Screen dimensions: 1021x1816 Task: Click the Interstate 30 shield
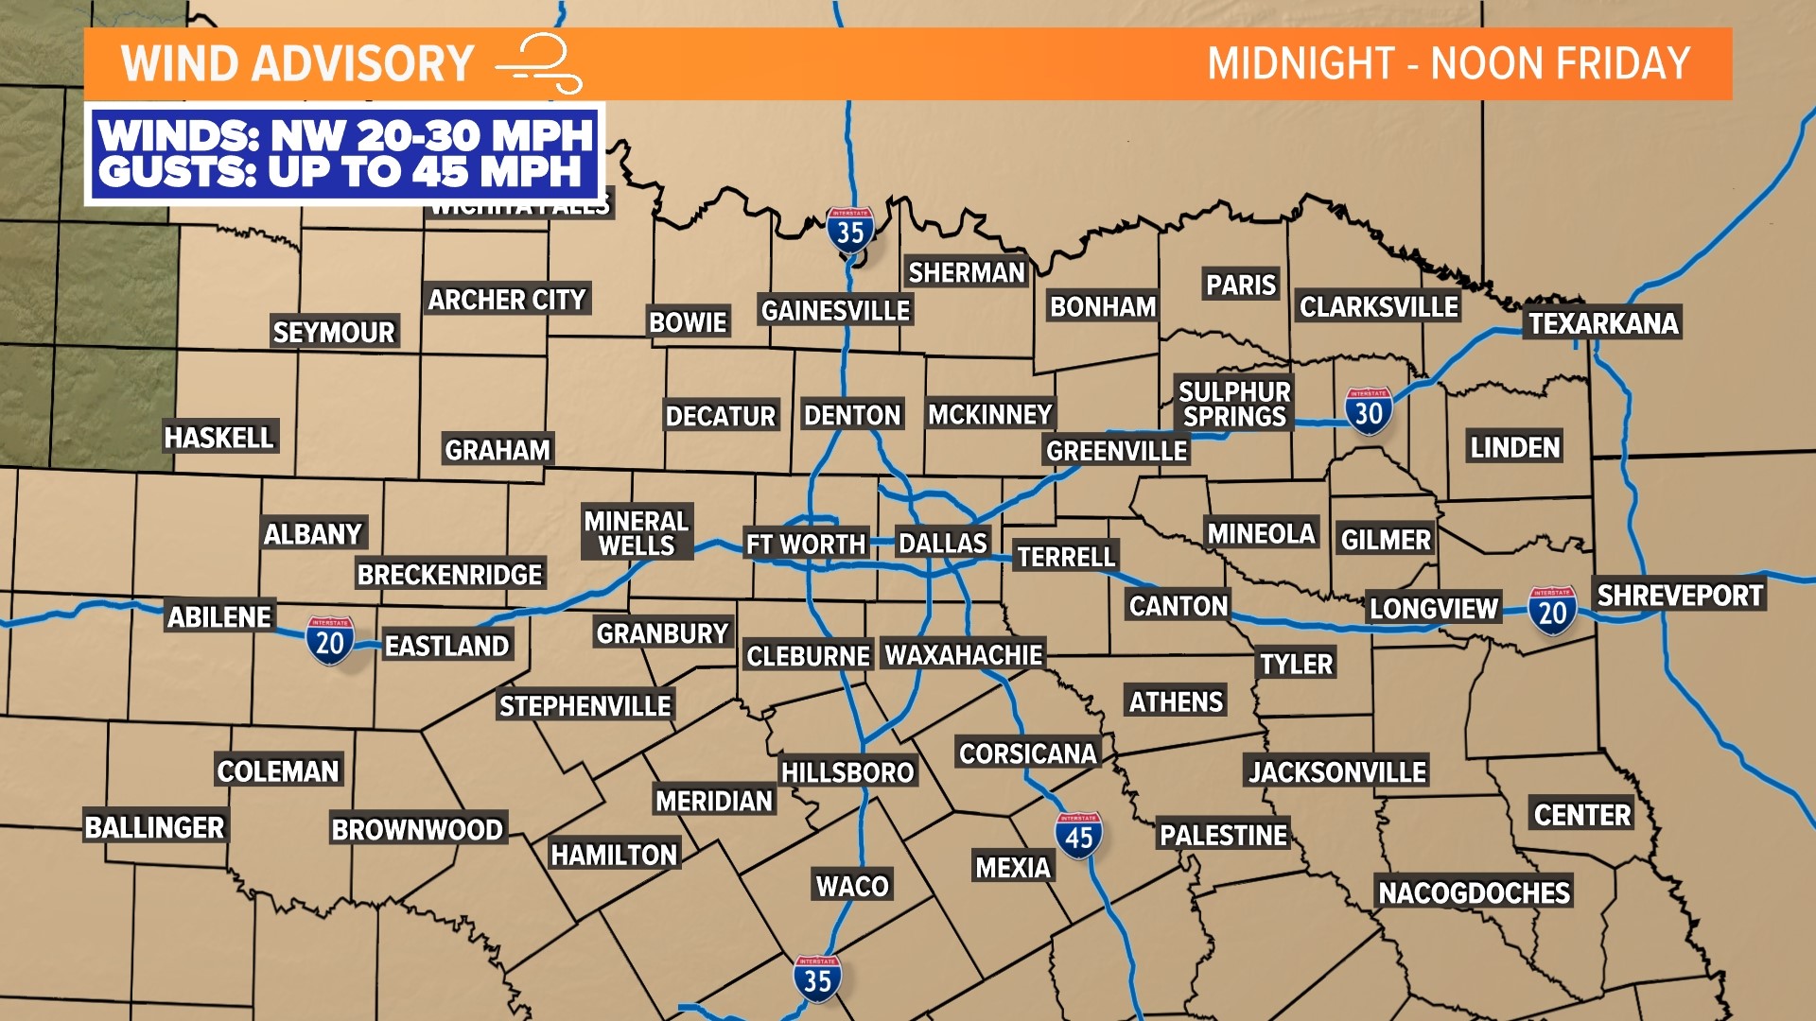click(x=1369, y=411)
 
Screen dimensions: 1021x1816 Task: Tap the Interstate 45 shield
click(x=1078, y=836)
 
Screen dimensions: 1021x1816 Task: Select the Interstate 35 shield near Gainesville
click(x=849, y=231)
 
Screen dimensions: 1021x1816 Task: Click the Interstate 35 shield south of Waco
click(x=817, y=979)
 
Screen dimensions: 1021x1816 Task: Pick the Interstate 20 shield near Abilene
click(x=329, y=642)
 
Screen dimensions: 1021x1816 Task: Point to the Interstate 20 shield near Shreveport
click(x=1552, y=611)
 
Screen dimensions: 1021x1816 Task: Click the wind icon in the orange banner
click(x=540, y=64)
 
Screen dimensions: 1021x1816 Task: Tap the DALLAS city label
click(x=942, y=544)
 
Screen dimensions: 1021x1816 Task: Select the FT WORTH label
click(x=806, y=545)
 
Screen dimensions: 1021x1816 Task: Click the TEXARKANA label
click(x=1603, y=323)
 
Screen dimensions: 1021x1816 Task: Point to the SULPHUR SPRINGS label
click(x=1234, y=404)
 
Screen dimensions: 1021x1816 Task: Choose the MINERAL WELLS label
click(x=637, y=533)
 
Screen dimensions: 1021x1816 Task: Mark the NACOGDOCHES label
click(x=1474, y=892)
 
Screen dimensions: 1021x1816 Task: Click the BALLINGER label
click(x=155, y=827)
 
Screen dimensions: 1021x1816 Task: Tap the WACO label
click(x=852, y=886)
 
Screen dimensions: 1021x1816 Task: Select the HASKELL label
click(x=219, y=438)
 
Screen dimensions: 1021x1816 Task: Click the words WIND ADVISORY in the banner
click(x=297, y=64)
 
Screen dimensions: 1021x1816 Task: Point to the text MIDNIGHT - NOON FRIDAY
click(x=1448, y=64)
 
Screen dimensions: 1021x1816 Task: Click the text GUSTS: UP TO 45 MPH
click(x=340, y=172)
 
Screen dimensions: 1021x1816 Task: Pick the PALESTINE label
click(x=1223, y=836)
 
